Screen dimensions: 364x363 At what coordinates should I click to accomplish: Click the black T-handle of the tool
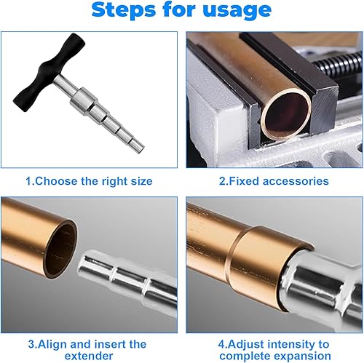coord(50,72)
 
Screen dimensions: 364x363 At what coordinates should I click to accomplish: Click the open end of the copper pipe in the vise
coord(285,116)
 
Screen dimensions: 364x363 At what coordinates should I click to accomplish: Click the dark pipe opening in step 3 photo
coord(60,250)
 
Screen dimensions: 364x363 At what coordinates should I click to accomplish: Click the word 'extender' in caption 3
coord(89,356)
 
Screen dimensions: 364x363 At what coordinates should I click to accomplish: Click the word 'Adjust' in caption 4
coord(246,345)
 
